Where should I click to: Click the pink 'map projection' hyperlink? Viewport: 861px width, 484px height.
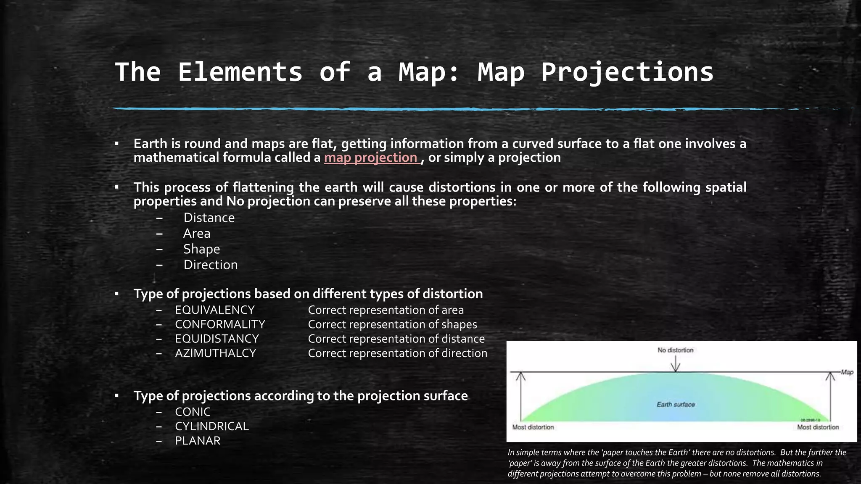tap(371, 158)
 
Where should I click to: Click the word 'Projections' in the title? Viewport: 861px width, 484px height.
tap(627, 72)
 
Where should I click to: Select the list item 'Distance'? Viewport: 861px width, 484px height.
tap(209, 218)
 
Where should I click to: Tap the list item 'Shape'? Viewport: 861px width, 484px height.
tap(201, 249)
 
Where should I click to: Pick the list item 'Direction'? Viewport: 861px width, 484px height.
tap(210, 265)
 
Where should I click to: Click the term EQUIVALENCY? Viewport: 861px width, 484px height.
tap(215, 310)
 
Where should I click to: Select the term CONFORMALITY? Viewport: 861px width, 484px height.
tap(220, 324)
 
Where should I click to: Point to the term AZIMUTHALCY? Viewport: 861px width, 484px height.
tap(215, 353)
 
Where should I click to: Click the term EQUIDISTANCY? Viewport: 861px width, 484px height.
tap(217, 339)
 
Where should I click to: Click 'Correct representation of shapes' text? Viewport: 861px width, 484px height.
tap(392, 324)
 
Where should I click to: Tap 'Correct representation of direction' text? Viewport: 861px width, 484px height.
tap(397, 353)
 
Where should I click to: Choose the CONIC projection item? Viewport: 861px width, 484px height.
tap(193, 412)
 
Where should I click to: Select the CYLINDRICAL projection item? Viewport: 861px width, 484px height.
tap(212, 426)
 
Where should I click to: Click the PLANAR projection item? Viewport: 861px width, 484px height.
tap(198, 441)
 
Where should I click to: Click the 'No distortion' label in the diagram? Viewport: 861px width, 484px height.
tap(675, 350)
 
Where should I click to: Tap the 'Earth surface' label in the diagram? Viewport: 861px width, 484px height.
tap(675, 405)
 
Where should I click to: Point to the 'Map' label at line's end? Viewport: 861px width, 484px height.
tap(847, 372)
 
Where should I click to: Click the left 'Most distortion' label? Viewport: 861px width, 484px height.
tap(533, 427)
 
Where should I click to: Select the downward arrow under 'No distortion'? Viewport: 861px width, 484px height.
tap(675, 364)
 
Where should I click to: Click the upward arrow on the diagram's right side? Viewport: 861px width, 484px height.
tap(830, 395)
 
